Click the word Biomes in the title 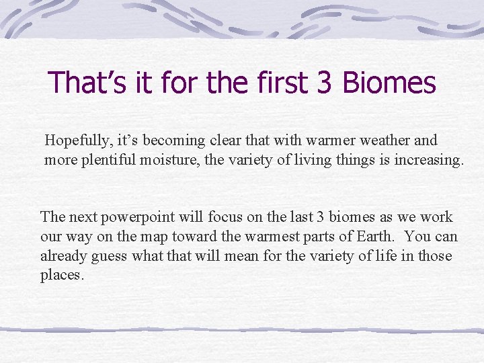389,83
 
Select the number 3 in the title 323,83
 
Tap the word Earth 379,237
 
